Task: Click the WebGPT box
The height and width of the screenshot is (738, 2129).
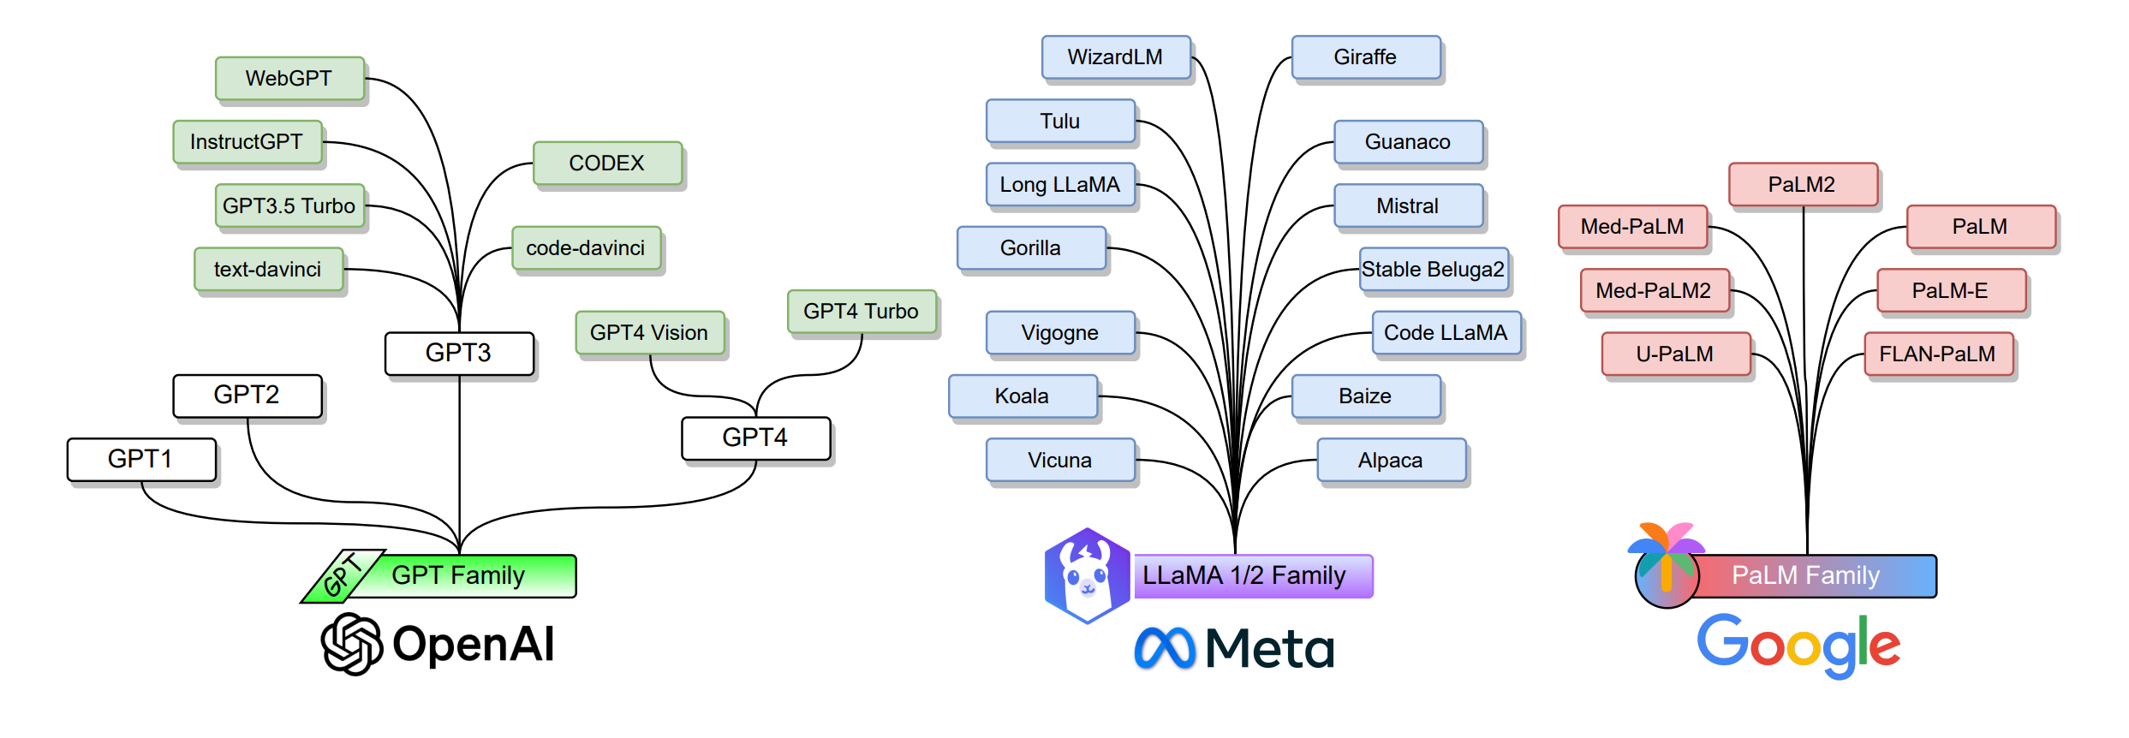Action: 289,79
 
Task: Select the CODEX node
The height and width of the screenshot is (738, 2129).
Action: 607,163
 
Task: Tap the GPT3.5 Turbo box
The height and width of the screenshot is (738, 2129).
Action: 289,205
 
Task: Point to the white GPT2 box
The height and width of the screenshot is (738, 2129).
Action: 247,396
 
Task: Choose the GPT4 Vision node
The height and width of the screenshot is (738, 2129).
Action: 650,332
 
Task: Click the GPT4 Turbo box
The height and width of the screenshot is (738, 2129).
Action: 861,312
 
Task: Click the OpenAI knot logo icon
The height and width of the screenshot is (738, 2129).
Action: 351,644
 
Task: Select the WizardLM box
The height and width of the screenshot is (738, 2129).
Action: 1116,57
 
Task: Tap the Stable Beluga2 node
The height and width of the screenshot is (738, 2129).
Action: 1433,270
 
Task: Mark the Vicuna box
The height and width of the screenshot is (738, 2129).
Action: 1060,461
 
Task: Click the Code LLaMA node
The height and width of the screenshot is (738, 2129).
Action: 1446,333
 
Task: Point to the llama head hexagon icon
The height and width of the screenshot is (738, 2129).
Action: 1088,575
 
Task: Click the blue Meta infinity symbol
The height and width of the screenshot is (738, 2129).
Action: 1164,648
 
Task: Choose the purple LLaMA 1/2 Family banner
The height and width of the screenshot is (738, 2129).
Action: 1252,575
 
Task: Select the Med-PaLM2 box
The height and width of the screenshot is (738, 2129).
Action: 1654,291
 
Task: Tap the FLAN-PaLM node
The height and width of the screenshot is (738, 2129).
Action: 1938,354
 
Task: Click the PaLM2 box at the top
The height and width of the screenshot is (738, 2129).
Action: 1803,185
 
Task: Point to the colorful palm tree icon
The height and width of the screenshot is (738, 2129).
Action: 1666,565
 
